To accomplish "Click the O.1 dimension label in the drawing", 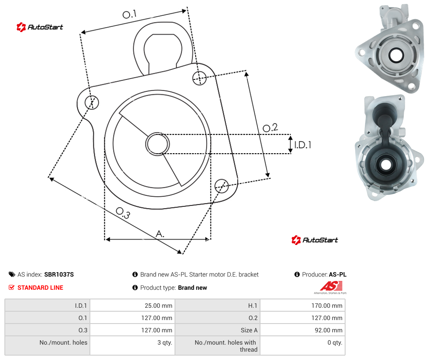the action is [129, 14].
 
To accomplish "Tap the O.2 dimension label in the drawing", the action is [270, 128].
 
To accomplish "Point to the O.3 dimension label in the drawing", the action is [123, 213].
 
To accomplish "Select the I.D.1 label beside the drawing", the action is [303, 144].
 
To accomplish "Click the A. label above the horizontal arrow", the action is [160, 234].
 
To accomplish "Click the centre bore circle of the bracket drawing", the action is [157, 144].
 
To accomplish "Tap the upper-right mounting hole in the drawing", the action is [200, 78].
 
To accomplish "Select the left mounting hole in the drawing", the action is [92, 102].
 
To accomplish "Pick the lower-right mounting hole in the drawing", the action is [221, 186].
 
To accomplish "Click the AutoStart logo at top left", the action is [40, 27].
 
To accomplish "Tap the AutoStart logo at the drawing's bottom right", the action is [315, 240].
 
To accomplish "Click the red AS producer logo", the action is [331, 288].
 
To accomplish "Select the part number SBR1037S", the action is [59, 274].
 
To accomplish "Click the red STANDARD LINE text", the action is [40, 288].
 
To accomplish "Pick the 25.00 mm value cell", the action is [132, 305].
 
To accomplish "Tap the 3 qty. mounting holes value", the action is [132, 346].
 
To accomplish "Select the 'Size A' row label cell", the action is [218, 330].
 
